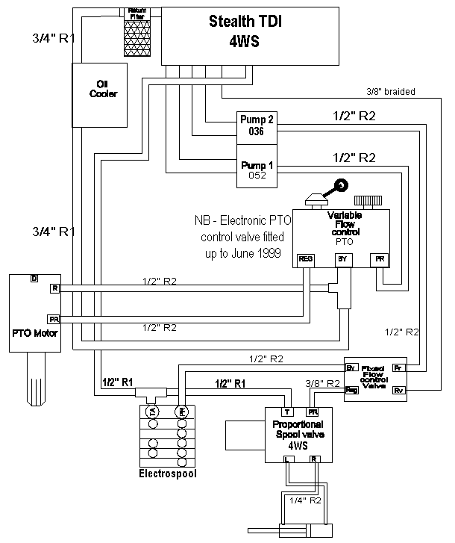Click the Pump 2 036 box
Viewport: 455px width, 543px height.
[x=254, y=125]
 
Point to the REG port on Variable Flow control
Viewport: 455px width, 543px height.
[x=306, y=260]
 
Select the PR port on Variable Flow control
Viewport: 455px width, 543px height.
[x=380, y=260]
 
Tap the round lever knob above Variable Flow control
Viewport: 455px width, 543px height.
[x=342, y=186]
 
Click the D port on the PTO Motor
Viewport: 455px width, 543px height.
[x=34, y=279]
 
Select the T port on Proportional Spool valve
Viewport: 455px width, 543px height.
[x=286, y=412]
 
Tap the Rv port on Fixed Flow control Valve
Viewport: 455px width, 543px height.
[x=398, y=390]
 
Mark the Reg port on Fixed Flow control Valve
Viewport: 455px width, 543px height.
[x=351, y=390]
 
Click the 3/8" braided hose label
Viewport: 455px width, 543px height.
[x=391, y=92]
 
